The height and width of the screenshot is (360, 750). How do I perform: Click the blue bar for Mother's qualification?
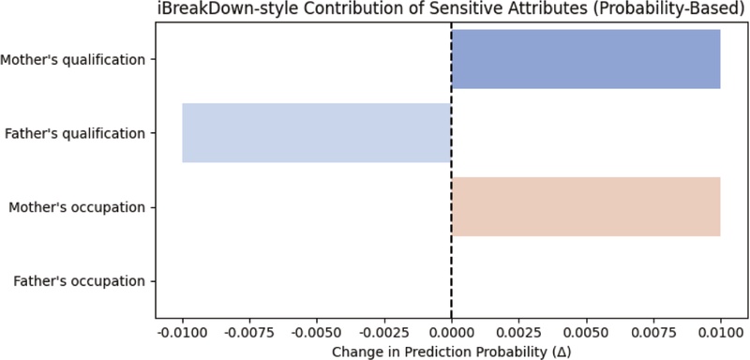(586, 59)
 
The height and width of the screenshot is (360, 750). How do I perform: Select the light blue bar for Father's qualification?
(317, 133)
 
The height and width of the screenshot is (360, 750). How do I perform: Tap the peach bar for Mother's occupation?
(586, 206)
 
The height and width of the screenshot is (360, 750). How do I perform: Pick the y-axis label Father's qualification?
(75, 134)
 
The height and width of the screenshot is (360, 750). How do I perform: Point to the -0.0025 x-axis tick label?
(382, 332)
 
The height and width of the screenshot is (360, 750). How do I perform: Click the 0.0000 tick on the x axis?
(452, 332)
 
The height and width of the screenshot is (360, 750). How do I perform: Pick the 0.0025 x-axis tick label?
(518, 332)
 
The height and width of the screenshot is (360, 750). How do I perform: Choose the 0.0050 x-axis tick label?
(586, 332)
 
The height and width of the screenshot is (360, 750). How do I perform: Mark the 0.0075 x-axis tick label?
(653, 332)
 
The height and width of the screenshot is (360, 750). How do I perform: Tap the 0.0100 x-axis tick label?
(720, 332)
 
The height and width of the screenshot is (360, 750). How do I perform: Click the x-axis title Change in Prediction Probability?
(451, 351)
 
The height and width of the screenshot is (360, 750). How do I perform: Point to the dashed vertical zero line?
(452, 253)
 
